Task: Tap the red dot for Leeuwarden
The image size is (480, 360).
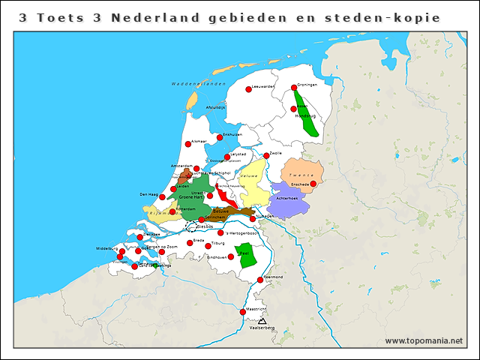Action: [x=249, y=89]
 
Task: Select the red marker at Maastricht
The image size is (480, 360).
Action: [x=242, y=312]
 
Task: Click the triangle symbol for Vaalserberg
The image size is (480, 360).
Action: [x=262, y=321]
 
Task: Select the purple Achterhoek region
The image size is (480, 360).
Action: [x=286, y=202]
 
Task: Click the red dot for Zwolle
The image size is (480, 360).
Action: [x=266, y=156]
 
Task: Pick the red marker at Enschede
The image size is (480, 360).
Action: [x=313, y=184]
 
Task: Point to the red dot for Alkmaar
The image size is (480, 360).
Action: [x=187, y=144]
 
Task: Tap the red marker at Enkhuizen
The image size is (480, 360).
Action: [x=220, y=137]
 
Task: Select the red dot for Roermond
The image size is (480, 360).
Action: [x=260, y=280]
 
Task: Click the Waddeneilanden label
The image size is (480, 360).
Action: [x=198, y=83]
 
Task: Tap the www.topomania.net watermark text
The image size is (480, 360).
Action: [x=424, y=340]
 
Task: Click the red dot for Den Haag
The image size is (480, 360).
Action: [x=162, y=197]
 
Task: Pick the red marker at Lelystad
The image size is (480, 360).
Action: [x=227, y=157]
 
